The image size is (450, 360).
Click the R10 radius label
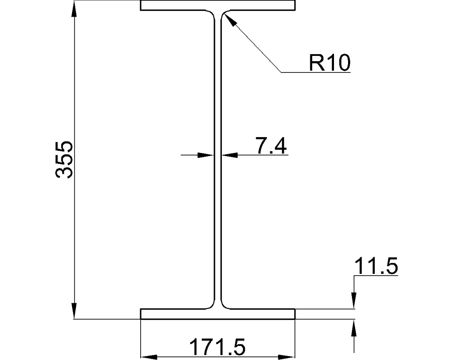point(330,63)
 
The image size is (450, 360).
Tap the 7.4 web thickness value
point(271,146)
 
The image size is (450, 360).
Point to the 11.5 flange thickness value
point(376,267)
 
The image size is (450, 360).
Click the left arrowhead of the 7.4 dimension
point(206,155)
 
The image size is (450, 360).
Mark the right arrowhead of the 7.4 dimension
point(229,155)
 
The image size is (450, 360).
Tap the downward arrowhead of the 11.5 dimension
point(354,301)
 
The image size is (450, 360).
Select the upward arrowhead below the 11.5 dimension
point(354,327)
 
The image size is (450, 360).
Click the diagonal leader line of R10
point(253,44)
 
